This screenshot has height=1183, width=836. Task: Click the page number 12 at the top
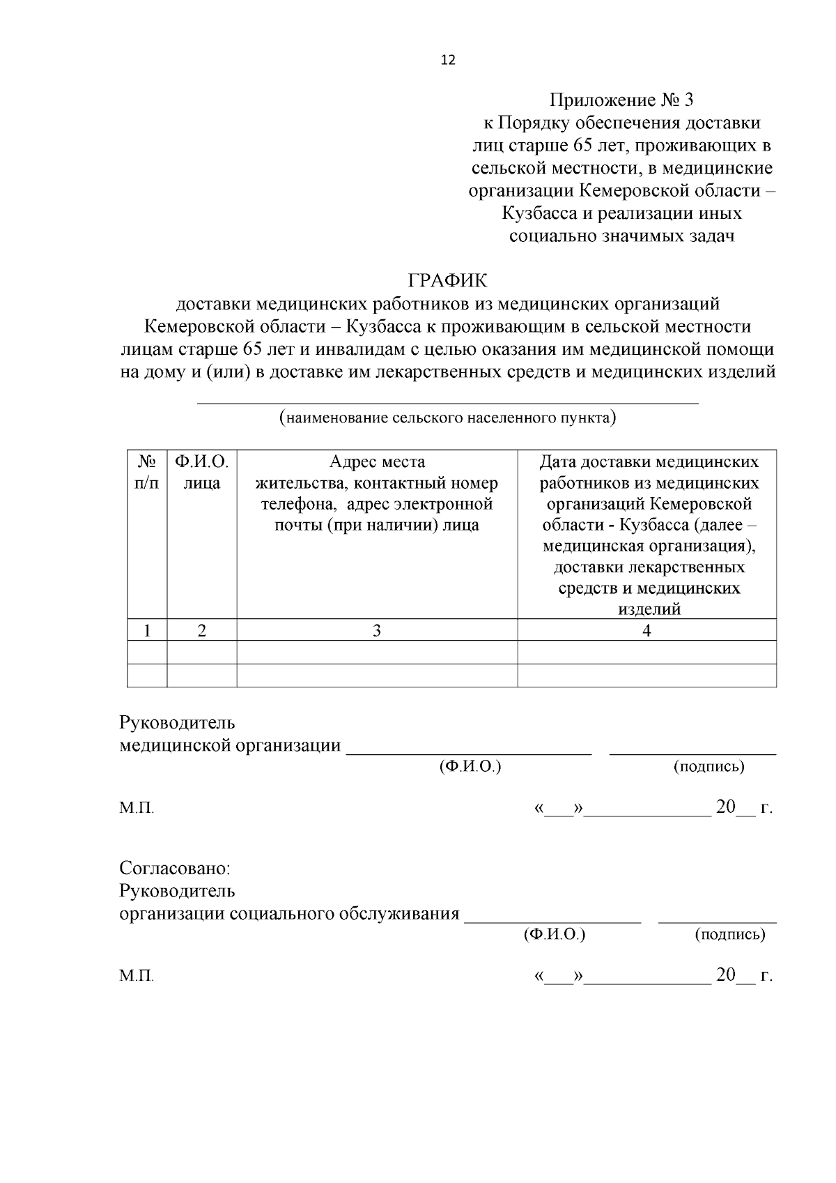click(448, 60)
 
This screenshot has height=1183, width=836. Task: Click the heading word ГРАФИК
click(448, 281)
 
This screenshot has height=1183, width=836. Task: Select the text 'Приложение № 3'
click(621, 100)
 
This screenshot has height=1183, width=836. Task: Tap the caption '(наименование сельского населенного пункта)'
click(447, 418)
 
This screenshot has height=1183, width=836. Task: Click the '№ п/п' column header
click(147, 472)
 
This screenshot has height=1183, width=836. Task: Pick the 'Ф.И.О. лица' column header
click(201, 472)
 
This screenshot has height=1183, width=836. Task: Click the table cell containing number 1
click(147, 631)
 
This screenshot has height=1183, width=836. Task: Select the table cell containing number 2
click(201, 631)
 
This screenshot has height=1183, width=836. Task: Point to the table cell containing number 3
click(377, 631)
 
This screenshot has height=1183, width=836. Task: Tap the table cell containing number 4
click(647, 631)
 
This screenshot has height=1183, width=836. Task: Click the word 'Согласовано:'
click(175, 869)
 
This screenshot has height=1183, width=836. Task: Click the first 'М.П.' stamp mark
click(137, 809)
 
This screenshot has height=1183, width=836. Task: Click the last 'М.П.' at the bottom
click(137, 976)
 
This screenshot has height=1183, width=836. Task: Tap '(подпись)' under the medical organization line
click(709, 767)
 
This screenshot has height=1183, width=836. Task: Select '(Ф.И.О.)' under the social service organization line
click(554, 934)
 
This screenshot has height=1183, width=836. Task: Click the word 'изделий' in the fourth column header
click(649, 609)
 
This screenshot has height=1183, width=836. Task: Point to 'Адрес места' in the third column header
click(377, 462)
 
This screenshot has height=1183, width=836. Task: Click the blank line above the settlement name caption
click(447, 402)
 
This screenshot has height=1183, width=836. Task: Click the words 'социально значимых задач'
click(621, 236)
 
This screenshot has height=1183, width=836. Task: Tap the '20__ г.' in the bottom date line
click(744, 975)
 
